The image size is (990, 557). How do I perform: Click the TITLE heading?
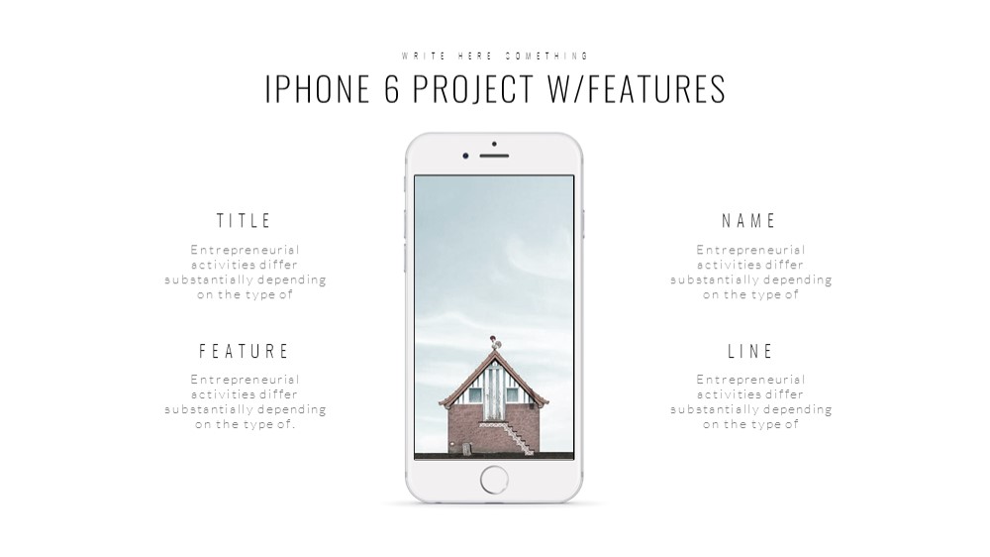click(x=244, y=221)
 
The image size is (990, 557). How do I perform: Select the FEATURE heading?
click(x=244, y=351)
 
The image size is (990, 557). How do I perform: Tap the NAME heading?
click(x=748, y=221)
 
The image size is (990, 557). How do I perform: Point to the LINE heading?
click(x=750, y=351)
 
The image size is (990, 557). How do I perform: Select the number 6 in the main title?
click(x=391, y=88)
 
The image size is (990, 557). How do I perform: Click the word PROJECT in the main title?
click(x=473, y=88)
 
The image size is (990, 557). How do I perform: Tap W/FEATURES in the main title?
click(x=637, y=88)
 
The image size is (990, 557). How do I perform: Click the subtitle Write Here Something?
click(x=495, y=56)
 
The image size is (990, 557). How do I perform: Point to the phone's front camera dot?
click(x=465, y=156)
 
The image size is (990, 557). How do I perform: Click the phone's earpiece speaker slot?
click(x=494, y=156)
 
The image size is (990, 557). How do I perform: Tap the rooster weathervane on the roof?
click(x=494, y=343)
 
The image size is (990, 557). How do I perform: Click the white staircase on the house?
click(x=509, y=437)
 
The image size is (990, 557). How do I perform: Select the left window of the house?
click(x=475, y=395)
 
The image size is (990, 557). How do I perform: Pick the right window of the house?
click(x=512, y=395)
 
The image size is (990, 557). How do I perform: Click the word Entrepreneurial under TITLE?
click(x=245, y=250)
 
